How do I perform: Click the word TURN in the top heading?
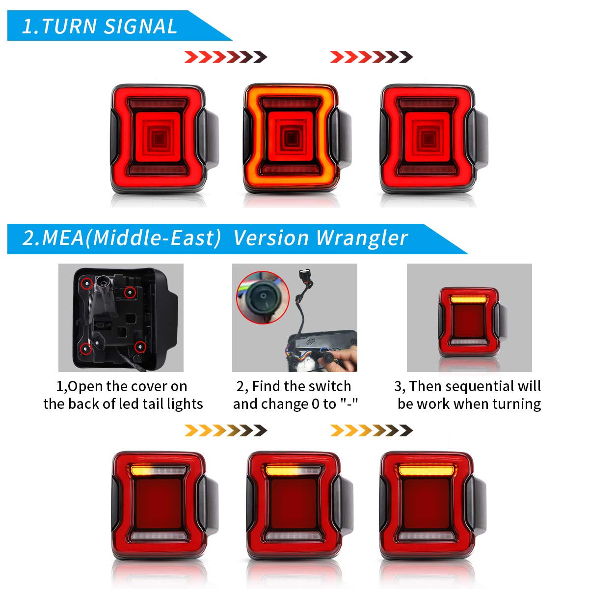click(x=68, y=27)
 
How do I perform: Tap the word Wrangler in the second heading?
click(x=362, y=238)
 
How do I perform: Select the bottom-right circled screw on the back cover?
click(x=140, y=347)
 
